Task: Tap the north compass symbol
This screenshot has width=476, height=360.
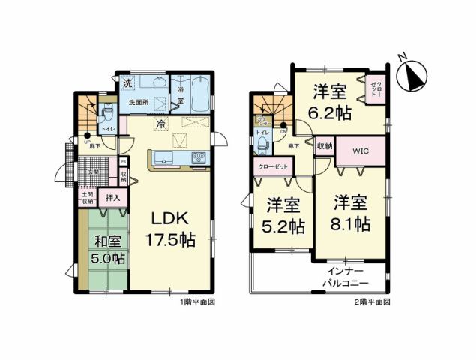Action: pyautogui.click(x=415, y=74)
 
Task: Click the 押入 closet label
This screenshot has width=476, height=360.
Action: pyautogui.click(x=112, y=199)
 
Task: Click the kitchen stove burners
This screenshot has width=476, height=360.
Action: pyautogui.click(x=199, y=157)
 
